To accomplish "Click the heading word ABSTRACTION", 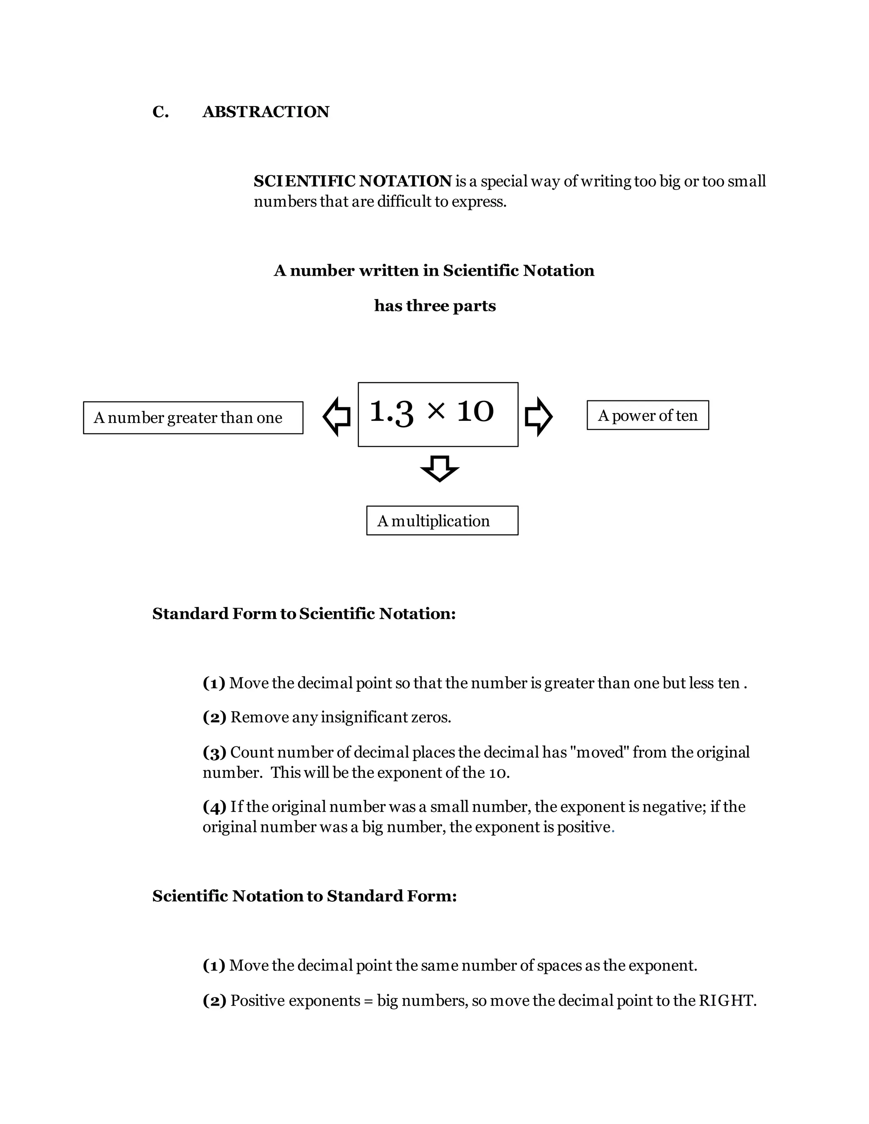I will pos(266,112).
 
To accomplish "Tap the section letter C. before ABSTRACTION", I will pos(160,112).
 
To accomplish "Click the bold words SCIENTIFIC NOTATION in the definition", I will pos(353,181).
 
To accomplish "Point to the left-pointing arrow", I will pos(336,417).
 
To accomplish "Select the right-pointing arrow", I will pos(538,417).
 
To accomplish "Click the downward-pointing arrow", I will pos(440,468).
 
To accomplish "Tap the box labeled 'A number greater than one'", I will pos(193,418).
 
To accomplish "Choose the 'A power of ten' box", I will pos(648,415).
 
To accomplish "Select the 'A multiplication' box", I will pos(442,521).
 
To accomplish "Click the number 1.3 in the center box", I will pos(391,412).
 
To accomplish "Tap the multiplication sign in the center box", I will pos(436,411).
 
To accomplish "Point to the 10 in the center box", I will pos(475,412).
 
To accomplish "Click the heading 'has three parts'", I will pos(435,306).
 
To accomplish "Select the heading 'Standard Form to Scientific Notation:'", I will pos(304,613).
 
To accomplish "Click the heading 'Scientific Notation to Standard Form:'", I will pos(304,896).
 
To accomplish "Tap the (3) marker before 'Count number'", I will pos(214,752).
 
